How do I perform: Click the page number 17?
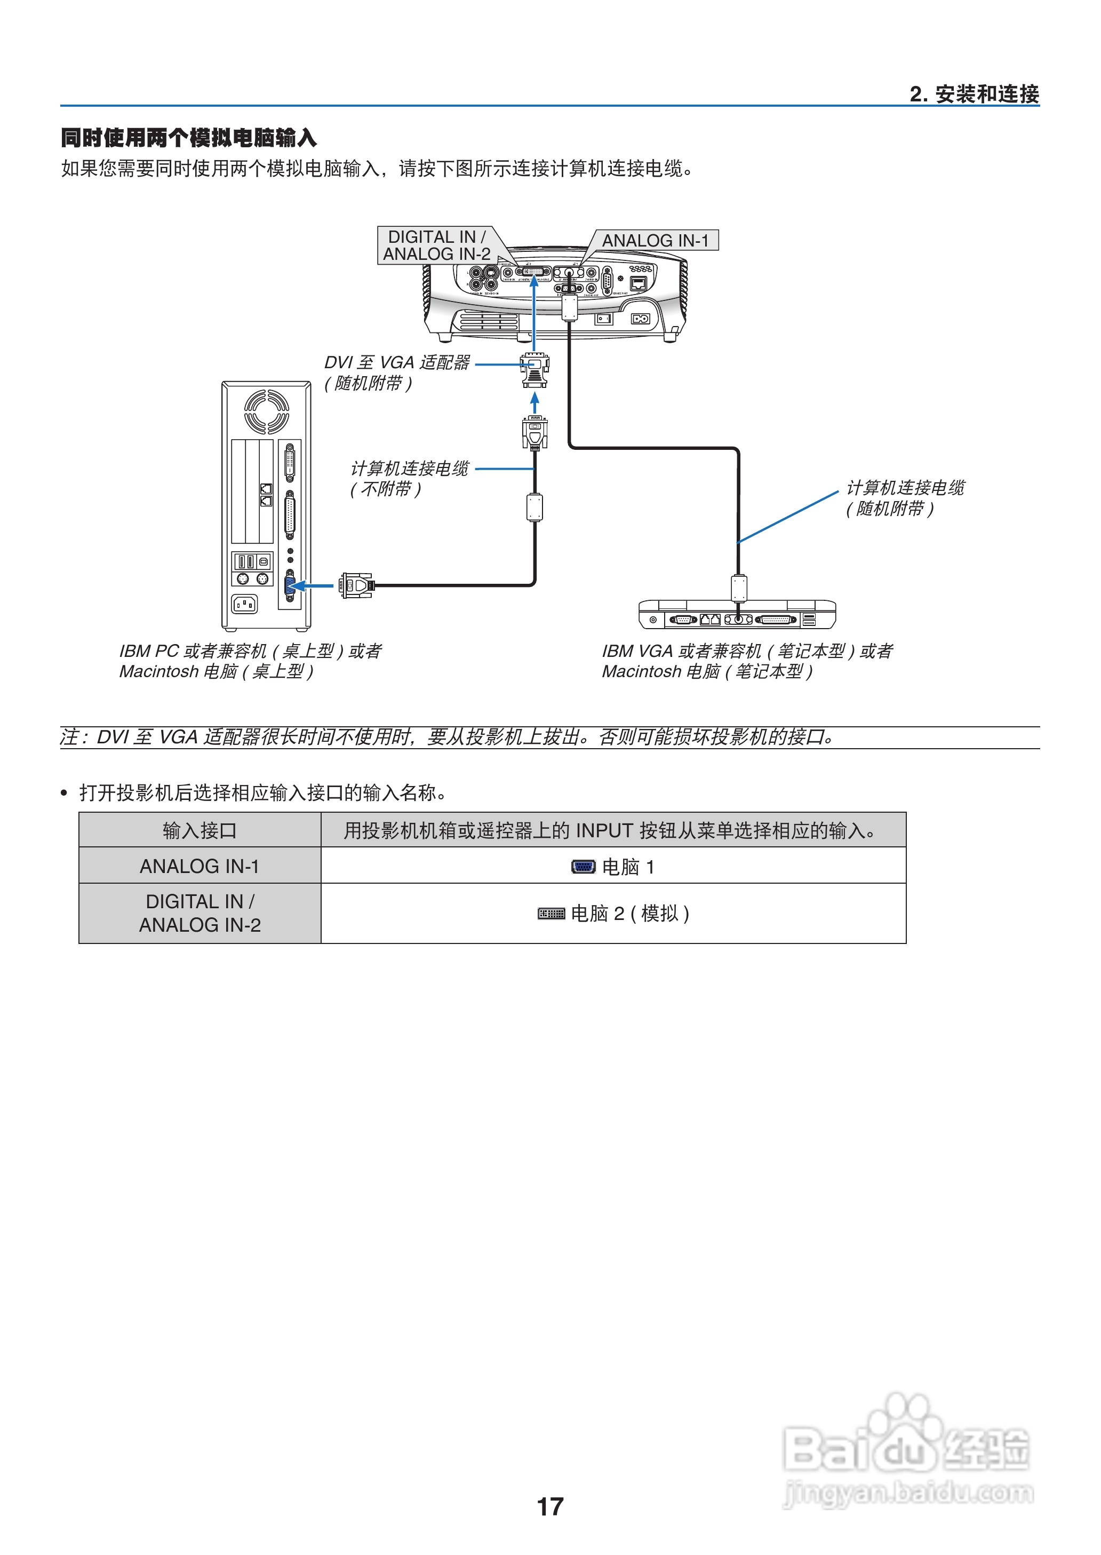tap(550, 1506)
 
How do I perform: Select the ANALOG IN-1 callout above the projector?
tap(655, 241)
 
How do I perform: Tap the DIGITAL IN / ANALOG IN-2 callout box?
tap(436, 245)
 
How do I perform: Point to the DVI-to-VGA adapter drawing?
tap(535, 370)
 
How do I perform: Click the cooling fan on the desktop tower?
tap(266, 411)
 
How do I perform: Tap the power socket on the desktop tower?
tap(244, 603)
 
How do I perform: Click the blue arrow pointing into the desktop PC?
tap(314, 585)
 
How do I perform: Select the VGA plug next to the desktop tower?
tap(356, 585)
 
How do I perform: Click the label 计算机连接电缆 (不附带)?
tap(409, 478)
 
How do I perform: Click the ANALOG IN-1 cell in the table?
tap(200, 866)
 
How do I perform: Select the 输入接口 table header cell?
tap(200, 830)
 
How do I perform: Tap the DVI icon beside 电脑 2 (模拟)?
tap(550, 914)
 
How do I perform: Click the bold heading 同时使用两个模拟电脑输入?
tap(188, 138)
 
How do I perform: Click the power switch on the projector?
tap(603, 318)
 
